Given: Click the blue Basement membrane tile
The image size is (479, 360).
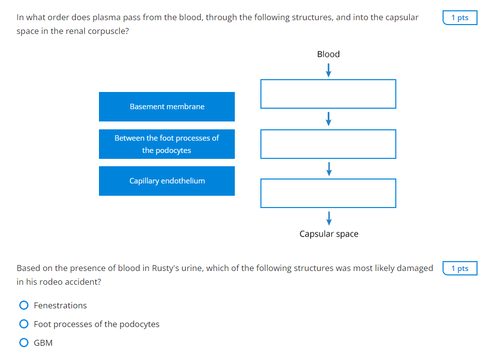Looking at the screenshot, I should click(167, 107).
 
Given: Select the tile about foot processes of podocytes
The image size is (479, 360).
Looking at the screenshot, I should click(167, 144).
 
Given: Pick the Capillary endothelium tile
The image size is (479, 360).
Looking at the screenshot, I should click(167, 181).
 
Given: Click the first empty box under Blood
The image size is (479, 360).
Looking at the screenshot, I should click(328, 94).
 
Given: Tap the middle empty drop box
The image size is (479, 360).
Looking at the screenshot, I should click(328, 144).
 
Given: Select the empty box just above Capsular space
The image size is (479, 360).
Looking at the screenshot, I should click(328, 193).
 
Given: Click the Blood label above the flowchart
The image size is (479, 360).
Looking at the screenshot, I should click(328, 54).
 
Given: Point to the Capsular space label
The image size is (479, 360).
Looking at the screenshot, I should click(329, 234).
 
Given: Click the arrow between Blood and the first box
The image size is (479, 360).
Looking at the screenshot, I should click(328, 71).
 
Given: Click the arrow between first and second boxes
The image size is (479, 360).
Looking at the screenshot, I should click(328, 119).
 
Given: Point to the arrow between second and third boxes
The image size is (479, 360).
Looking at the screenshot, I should click(328, 169).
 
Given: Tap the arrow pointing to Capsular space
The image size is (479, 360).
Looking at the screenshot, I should click(328, 218).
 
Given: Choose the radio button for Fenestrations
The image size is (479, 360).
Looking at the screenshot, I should click(24, 305).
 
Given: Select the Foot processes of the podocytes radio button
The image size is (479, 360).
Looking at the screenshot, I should click(24, 324).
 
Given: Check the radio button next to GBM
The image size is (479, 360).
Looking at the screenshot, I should click(24, 343).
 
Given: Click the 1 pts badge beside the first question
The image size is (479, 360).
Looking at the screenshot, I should click(460, 18).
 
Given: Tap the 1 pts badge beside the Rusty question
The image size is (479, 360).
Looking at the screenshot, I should click(460, 269).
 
